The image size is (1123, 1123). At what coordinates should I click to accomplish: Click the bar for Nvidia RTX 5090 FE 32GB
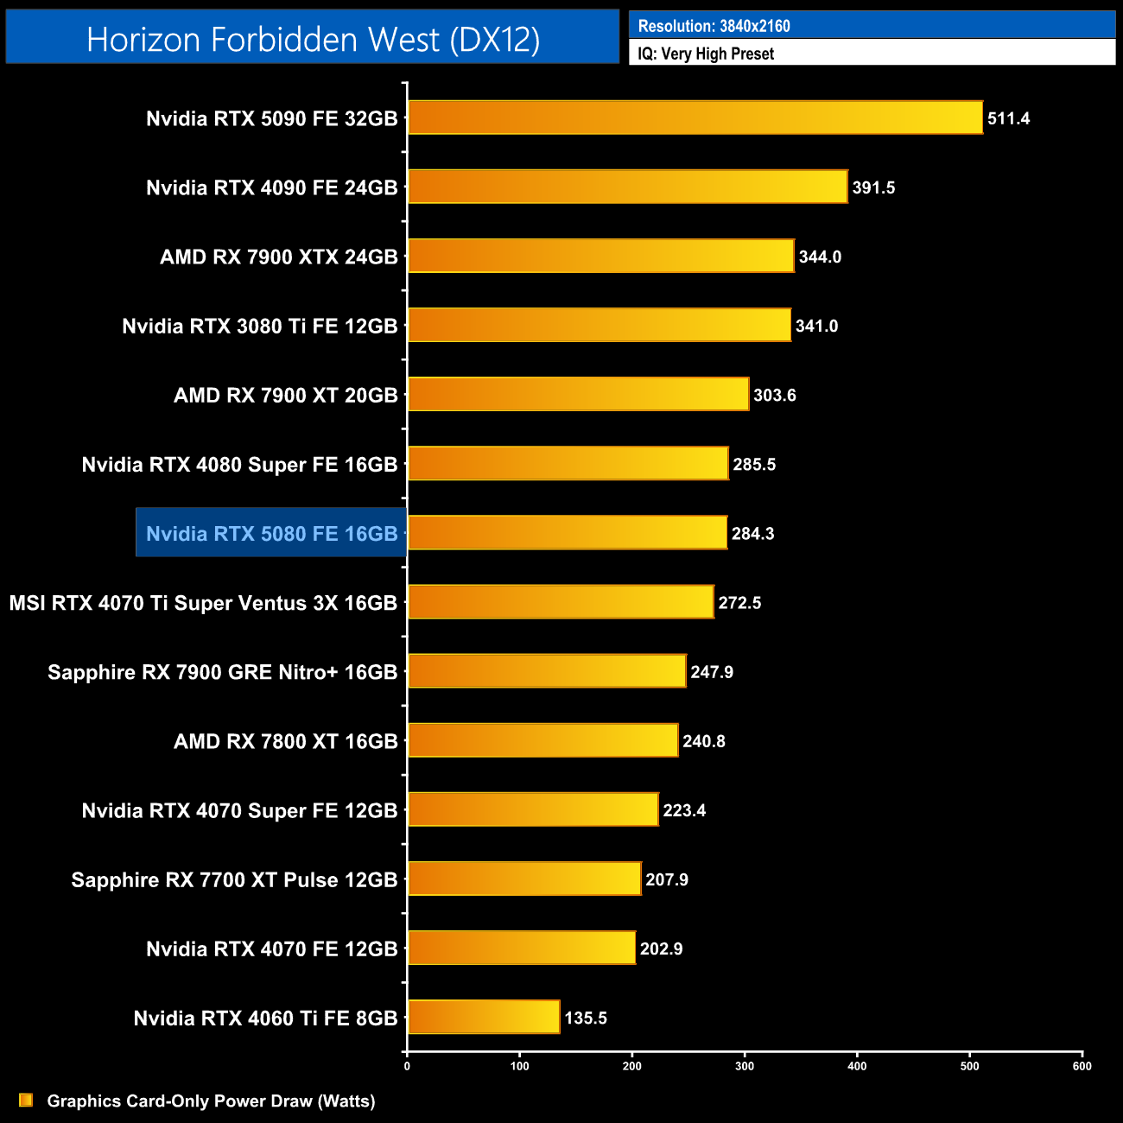coord(695,117)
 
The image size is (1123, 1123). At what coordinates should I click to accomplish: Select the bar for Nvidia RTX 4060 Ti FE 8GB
coord(484,1017)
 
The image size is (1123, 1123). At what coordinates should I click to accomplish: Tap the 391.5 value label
coord(873,187)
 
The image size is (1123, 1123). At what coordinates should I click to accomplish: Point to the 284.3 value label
coord(752,534)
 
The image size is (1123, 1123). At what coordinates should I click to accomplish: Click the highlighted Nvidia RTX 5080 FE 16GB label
coord(271,534)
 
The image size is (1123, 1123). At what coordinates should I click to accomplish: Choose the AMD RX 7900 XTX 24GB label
coord(278,257)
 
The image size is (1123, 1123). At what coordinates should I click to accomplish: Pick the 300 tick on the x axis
coord(745,1066)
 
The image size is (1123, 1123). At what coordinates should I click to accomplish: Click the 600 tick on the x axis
coord(1082,1066)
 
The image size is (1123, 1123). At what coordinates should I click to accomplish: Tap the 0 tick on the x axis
coord(407,1066)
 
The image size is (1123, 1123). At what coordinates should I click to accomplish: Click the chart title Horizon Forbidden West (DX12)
coord(313,40)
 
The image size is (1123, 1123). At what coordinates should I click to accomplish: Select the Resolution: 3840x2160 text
coord(714,26)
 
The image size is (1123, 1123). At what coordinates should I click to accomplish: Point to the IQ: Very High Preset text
coord(706,54)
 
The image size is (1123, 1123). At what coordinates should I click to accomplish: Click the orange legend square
coord(26,1100)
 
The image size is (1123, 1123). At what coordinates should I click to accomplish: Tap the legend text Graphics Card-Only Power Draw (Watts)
coord(211,1101)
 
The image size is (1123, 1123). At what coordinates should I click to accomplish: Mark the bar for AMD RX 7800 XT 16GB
coord(542,740)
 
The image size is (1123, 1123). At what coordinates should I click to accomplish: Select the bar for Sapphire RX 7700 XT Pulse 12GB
coord(524,879)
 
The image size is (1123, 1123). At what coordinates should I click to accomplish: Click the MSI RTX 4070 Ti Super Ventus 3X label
coord(203,603)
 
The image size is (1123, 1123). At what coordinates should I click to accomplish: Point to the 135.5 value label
coord(586,1018)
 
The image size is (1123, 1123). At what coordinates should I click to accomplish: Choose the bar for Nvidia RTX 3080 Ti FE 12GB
coord(599,325)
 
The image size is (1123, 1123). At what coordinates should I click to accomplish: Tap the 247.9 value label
coord(712,672)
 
